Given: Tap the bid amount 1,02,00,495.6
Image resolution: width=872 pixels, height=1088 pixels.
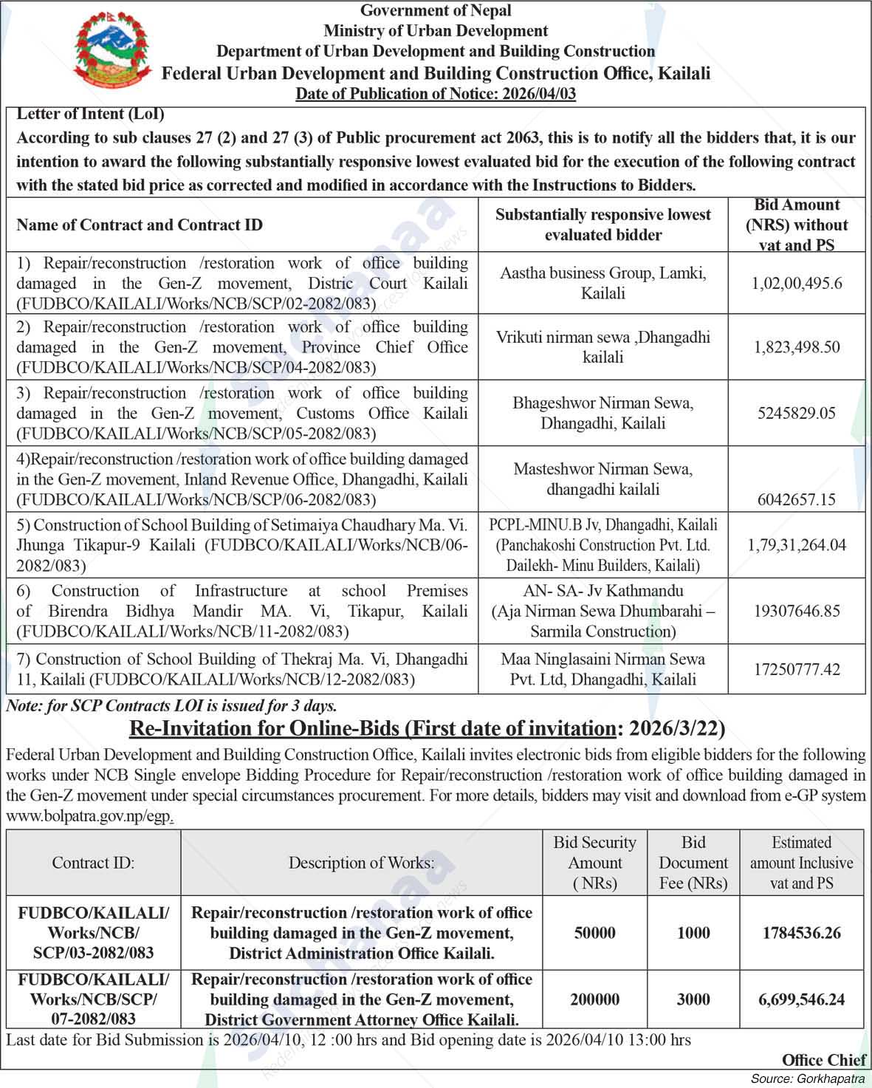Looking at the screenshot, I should pos(797,284).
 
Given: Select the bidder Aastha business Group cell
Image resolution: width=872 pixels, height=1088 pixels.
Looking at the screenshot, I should pos(602,284).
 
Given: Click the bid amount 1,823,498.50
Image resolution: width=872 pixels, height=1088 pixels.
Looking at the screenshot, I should pos(797,347).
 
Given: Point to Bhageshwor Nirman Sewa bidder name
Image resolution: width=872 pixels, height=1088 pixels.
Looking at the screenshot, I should pos(602,403).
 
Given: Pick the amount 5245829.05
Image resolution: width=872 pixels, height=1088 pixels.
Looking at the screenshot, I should pos(797,413).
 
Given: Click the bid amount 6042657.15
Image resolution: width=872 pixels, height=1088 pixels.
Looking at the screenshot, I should pos(797,499).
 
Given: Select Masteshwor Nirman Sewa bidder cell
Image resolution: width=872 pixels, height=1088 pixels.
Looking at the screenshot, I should pos(602,479).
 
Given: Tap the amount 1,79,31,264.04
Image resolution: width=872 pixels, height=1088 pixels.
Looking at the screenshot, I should pos(797,545).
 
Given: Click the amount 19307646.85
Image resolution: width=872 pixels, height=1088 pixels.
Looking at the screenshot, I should pos(797,611).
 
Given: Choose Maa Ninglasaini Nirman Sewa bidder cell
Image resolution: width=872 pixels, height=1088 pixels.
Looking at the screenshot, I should pos(602,668).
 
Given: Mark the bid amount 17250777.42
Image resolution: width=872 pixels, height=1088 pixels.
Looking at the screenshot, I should pos(797,669).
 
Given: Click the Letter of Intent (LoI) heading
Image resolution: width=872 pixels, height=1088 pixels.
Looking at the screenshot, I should pos(90,114).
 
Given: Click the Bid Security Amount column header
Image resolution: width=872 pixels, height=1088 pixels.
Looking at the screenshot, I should pos(594,863).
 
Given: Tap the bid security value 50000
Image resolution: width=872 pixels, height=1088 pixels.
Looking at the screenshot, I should pos(594,933).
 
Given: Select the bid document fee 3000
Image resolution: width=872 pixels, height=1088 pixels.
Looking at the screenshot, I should pos(693,999).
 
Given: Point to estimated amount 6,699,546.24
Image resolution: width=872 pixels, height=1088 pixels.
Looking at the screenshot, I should pos(801,999).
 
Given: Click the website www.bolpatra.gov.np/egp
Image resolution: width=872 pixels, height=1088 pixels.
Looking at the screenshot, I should pos(90,816).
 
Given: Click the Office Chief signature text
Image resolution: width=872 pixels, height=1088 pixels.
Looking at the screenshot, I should pos(823,1060).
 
